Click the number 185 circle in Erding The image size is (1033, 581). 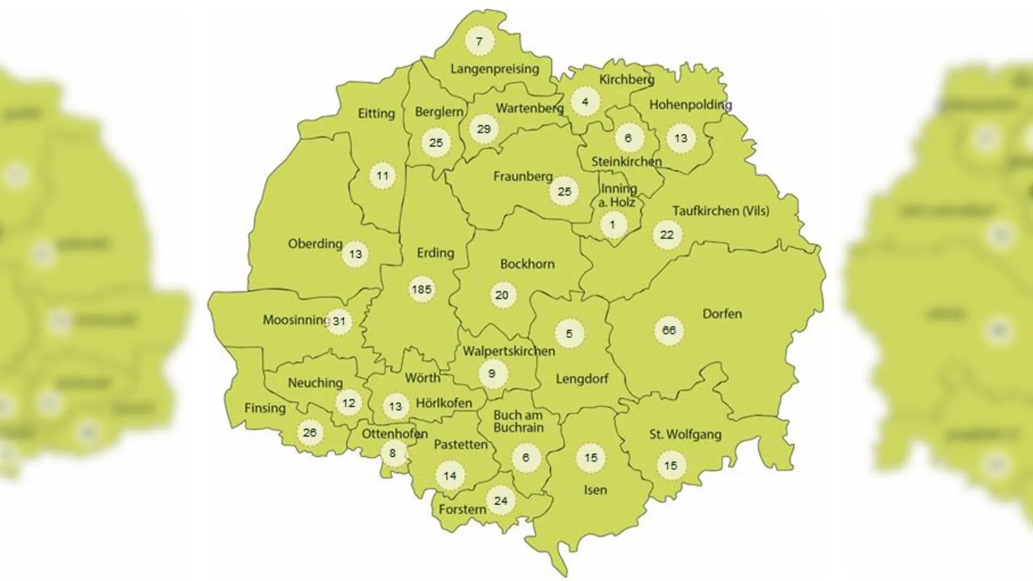[422, 290]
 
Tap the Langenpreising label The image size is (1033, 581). [495, 69]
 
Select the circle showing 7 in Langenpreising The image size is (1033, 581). [479, 42]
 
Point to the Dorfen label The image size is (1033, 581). [722, 314]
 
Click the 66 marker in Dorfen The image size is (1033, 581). [669, 331]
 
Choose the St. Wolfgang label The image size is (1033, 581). [685, 434]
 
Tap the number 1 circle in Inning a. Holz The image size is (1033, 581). [613, 225]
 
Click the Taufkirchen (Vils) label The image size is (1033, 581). [721, 211]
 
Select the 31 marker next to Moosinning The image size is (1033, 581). [339, 321]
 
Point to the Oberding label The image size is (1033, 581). [315, 244]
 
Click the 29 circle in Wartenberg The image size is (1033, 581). [484, 129]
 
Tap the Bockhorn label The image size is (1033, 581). [527, 264]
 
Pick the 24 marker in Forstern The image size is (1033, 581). [501, 501]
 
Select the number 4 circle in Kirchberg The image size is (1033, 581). [585, 102]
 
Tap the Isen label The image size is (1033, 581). [595, 491]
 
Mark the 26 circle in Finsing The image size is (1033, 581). [310, 433]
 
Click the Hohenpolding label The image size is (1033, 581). [690, 105]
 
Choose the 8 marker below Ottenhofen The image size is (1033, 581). [393, 453]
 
